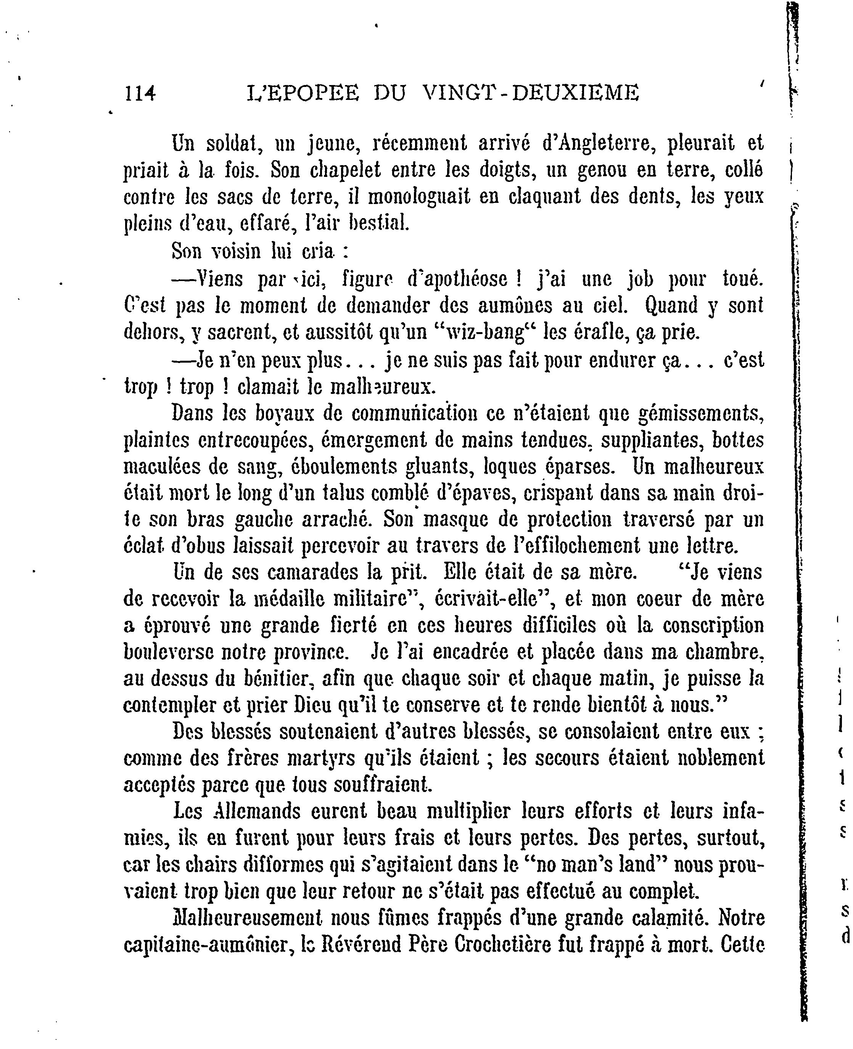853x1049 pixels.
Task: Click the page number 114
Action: click(x=140, y=92)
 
